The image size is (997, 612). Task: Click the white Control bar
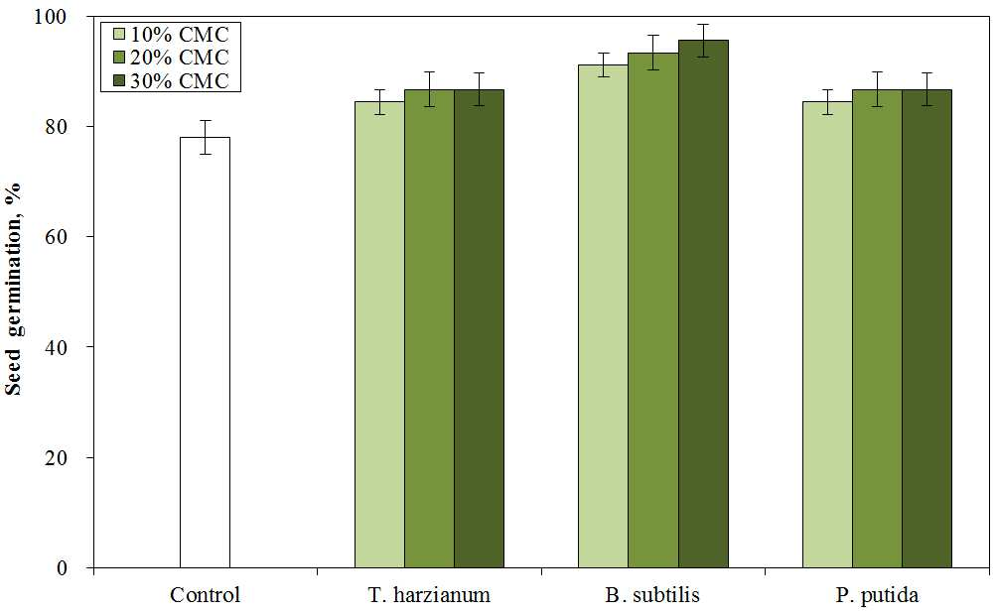tap(205, 352)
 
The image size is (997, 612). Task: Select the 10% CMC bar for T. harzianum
tap(379, 334)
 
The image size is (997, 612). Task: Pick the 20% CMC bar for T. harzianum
tap(429, 328)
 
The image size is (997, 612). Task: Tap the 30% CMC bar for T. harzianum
tap(479, 328)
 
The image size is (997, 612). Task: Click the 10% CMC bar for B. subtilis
tap(603, 316)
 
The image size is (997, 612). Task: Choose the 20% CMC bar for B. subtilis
tap(653, 309)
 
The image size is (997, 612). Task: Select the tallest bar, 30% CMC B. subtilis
tap(703, 304)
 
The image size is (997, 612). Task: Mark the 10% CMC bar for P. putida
tap(827, 334)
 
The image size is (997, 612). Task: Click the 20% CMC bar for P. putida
tap(878, 328)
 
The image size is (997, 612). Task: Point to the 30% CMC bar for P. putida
tap(927, 328)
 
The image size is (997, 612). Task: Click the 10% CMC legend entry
tap(171, 34)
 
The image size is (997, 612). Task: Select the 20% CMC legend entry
tap(171, 58)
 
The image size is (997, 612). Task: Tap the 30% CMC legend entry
tap(171, 80)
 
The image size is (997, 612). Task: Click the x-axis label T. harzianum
tap(429, 595)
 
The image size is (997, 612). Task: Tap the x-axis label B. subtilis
tap(652, 595)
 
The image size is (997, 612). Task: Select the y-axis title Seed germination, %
tap(14, 289)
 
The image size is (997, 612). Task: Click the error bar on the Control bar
tap(205, 137)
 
